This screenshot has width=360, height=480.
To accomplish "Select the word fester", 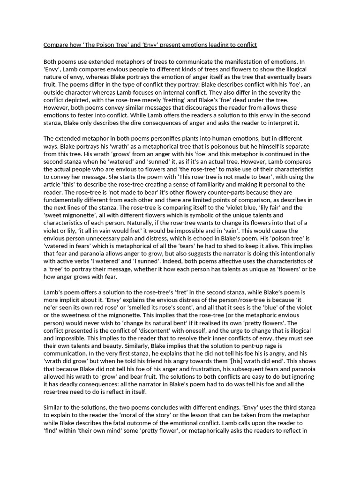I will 81,115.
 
